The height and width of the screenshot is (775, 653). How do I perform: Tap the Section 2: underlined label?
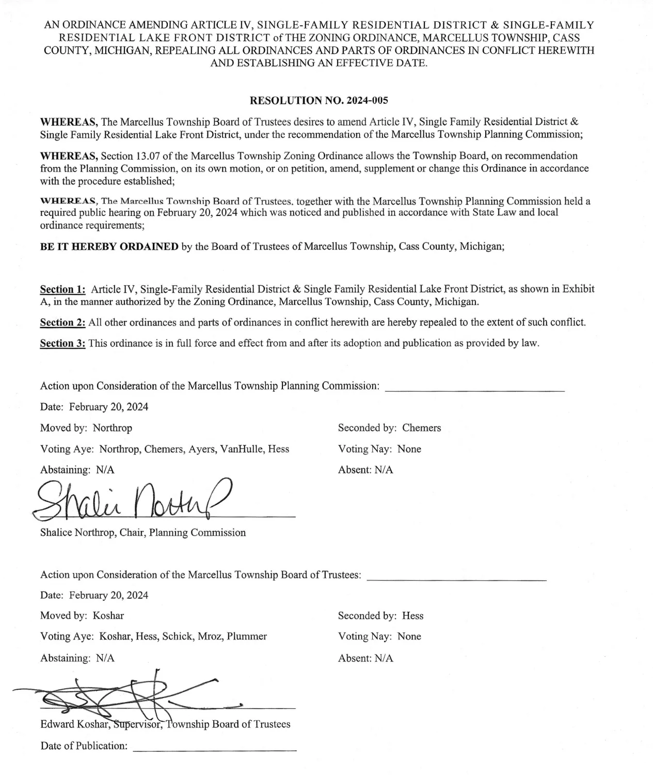click(x=63, y=322)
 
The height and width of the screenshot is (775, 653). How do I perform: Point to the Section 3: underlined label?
click(x=63, y=344)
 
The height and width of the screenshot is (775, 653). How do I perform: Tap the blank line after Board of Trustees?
click(x=456, y=579)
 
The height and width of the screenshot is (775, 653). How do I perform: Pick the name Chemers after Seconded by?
click(x=422, y=428)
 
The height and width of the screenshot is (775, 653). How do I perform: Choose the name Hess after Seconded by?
click(x=412, y=616)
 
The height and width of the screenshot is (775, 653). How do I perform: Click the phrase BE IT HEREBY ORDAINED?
click(x=109, y=246)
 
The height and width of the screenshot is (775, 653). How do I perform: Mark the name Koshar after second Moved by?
click(x=108, y=616)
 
